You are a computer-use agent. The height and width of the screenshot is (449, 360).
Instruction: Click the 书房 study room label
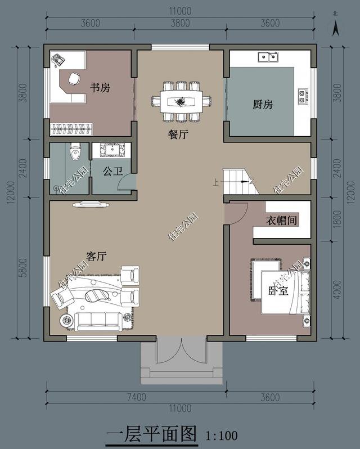100,88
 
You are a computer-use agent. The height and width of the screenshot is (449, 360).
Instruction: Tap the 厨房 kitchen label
263,105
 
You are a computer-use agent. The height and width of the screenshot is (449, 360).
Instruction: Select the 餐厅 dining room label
178,134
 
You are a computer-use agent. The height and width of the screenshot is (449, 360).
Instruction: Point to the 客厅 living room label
96,256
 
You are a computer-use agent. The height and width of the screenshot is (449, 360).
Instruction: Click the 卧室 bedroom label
278,291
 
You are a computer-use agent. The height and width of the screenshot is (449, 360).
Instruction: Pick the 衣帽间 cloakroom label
282,220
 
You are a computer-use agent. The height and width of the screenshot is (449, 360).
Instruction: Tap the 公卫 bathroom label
112,172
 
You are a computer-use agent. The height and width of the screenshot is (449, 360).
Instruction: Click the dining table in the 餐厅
182,102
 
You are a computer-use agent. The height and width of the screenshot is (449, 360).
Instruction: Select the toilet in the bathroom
75,151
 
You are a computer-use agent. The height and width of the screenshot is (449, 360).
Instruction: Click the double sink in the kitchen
268,57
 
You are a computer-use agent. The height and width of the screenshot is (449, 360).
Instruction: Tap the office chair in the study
74,79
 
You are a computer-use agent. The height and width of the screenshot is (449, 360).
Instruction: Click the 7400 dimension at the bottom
137,397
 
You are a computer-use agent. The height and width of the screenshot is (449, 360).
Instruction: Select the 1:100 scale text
222,435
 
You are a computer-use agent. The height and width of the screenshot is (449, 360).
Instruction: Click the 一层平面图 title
152,434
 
